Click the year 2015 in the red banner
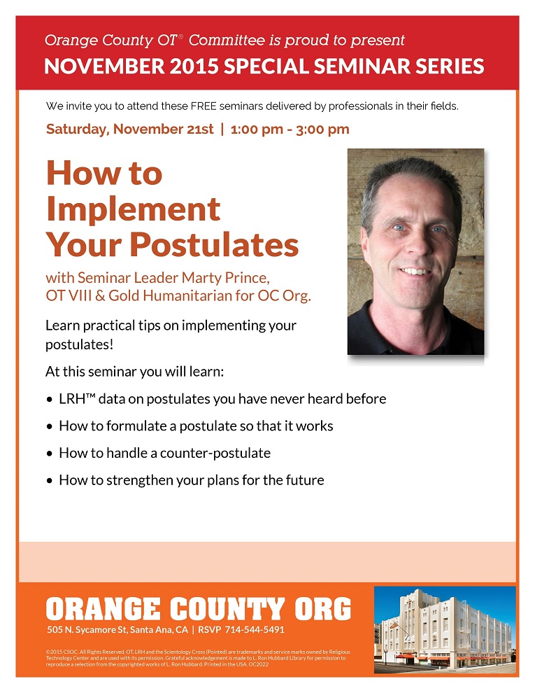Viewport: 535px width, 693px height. click(194, 66)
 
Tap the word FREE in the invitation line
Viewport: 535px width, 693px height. click(204, 106)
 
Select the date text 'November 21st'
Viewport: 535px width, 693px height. click(164, 129)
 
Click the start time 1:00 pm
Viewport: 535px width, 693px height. click(257, 129)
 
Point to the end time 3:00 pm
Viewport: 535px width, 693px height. click(322, 129)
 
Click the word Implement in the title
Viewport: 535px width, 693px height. click(134, 209)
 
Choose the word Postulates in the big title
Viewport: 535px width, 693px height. click(214, 244)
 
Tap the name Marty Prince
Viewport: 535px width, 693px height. click(226, 278)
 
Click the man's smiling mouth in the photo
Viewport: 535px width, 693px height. click(415, 272)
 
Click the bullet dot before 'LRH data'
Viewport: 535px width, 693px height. click(50, 400)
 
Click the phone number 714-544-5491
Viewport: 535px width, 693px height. click(255, 630)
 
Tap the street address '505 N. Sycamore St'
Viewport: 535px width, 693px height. click(87, 630)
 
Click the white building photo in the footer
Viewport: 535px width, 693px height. click(445, 630)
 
